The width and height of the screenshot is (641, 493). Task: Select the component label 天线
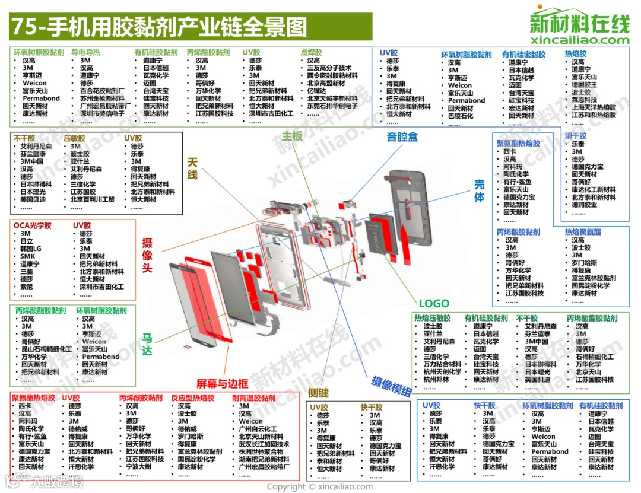coord(192,167)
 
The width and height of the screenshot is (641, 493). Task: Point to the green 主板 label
coord(292,136)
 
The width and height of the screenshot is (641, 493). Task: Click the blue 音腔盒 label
coord(402,137)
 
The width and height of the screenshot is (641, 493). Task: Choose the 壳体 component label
coord(479,190)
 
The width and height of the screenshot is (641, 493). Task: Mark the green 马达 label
coord(147,345)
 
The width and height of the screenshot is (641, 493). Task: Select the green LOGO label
coord(434,303)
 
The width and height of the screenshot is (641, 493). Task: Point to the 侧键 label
coord(318,392)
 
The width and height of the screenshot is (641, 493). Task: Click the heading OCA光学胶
coord(33,226)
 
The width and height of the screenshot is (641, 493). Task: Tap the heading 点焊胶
coord(311,52)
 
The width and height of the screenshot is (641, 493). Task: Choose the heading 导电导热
coord(86,52)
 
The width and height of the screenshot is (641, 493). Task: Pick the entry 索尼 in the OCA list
coord(27,287)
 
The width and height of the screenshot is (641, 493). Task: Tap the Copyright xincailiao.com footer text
coord(320,486)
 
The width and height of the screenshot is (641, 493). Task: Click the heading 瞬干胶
coord(575,136)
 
